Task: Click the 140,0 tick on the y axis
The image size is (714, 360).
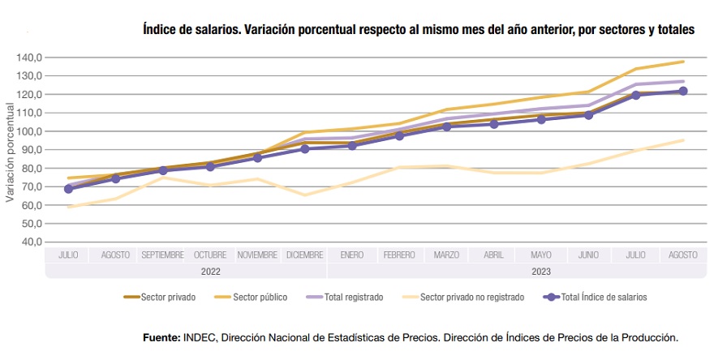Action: coord(29,58)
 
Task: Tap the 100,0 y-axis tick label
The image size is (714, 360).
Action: coord(29,131)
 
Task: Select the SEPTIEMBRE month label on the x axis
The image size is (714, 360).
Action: coord(162,255)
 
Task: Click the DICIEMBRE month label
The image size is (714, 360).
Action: coord(304,255)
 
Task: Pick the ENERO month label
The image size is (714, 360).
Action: coord(351,255)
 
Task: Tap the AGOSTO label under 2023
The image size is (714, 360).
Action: coord(682,255)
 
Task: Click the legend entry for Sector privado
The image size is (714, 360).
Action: coord(167,297)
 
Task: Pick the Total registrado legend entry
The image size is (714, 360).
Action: coord(353,297)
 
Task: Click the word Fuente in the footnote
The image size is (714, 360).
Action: coord(161,336)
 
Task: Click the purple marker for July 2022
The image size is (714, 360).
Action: coord(68,189)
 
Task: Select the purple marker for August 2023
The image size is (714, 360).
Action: coord(682,91)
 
